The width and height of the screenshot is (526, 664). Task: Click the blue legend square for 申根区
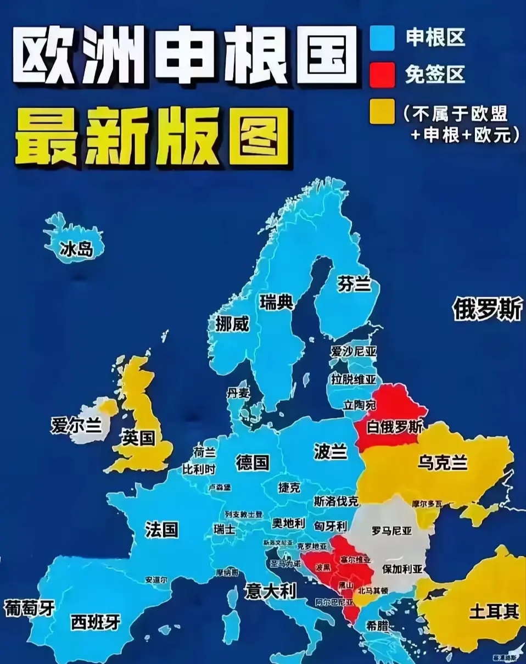click(x=383, y=38)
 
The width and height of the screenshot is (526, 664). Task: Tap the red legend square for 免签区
click(x=383, y=75)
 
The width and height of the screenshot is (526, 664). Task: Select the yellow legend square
click(x=383, y=111)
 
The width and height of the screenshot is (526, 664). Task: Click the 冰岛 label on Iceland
click(x=76, y=249)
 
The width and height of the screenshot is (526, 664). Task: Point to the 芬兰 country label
click(x=354, y=284)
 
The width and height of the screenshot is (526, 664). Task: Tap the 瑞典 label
click(x=277, y=302)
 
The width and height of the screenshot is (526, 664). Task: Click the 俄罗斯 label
click(x=488, y=310)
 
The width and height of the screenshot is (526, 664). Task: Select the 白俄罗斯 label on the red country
click(x=394, y=427)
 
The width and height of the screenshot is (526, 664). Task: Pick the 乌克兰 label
click(x=442, y=462)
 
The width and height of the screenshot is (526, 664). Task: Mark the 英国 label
click(x=138, y=438)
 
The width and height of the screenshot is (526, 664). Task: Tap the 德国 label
click(x=253, y=462)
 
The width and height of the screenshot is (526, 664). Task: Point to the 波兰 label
click(x=331, y=451)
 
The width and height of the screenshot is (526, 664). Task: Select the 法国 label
click(x=161, y=529)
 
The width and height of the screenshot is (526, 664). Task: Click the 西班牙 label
click(x=96, y=622)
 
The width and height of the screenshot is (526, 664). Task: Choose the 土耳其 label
click(x=494, y=612)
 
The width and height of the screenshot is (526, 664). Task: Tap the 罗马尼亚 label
click(x=391, y=531)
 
